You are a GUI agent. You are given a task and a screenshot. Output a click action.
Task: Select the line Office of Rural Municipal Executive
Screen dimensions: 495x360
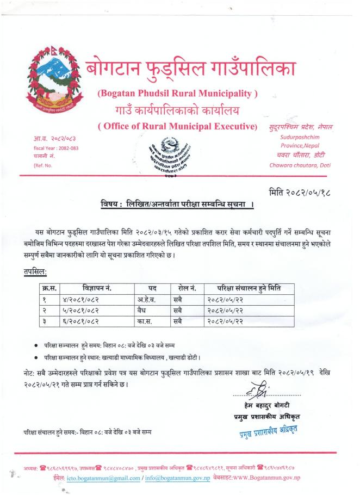[177, 127]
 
